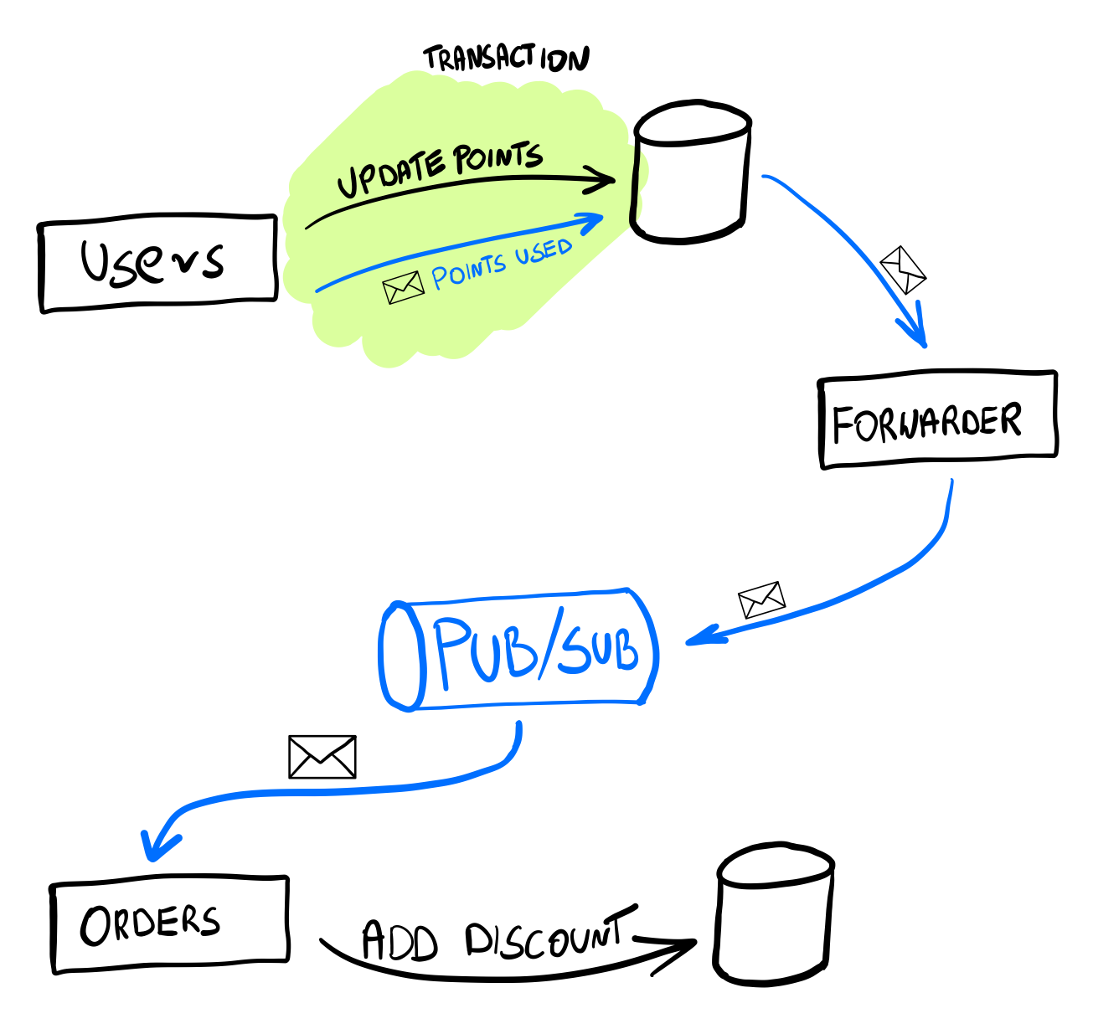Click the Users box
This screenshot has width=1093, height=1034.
point(157,263)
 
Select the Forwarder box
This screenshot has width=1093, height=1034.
point(936,419)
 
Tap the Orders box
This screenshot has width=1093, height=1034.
point(169,924)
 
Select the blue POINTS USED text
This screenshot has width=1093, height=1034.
point(501,265)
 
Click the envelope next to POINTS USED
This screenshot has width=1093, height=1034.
point(403,288)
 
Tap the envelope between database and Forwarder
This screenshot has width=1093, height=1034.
point(903,269)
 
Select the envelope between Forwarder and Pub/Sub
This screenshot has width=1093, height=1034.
point(761,599)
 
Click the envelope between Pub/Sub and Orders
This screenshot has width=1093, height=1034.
point(322,757)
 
